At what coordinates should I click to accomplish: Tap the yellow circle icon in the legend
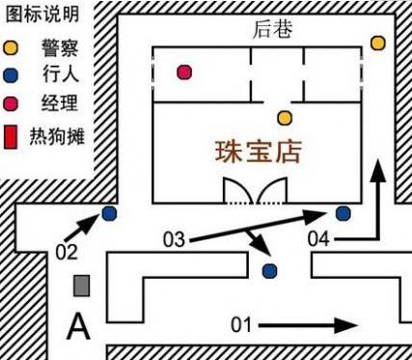pos(11,47)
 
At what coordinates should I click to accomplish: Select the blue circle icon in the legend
pos(11,75)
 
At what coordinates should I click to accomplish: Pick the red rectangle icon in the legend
pos(11,137)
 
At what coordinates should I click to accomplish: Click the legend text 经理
pos(60,103)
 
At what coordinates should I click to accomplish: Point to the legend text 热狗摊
pos(57,136)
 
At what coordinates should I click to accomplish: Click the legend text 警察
pos(60,48)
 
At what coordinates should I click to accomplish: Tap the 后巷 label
pos(272,30)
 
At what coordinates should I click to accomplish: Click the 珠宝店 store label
pos(259,152)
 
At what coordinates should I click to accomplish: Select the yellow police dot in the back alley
pos(378,43)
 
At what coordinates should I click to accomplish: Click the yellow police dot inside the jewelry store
pos(285,118)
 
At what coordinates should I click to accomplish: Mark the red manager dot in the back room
pos(184,72)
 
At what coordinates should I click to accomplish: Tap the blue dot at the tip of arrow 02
pos(109,213)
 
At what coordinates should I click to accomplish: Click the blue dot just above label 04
pos(343,213)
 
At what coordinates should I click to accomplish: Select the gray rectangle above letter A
pos(81,286)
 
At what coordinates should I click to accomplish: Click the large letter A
pos(78,327)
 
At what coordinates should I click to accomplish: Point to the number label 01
pos(241,325)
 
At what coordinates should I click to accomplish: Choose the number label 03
pos(174,239)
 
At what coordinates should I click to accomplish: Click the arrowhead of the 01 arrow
pos(346,325)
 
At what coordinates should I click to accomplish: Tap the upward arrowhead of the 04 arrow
pos(378,171)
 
